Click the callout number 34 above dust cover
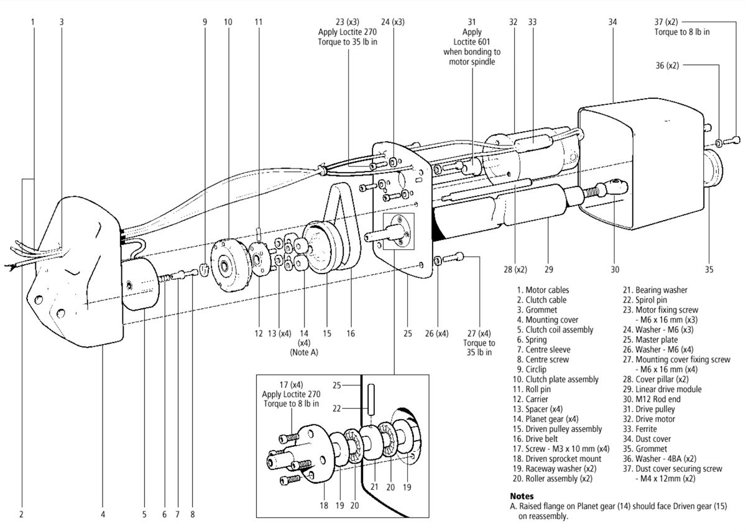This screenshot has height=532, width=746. (612, 22)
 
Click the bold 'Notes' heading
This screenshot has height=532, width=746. (522, 497)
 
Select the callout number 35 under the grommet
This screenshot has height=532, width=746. (709, 270)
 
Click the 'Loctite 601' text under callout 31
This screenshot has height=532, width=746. (472, 42)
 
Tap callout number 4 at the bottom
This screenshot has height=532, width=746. (103, 515)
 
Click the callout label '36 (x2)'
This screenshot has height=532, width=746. (667, 65)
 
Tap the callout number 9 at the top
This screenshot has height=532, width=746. (205, 22)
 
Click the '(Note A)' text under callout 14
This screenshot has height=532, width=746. (305, 352)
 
